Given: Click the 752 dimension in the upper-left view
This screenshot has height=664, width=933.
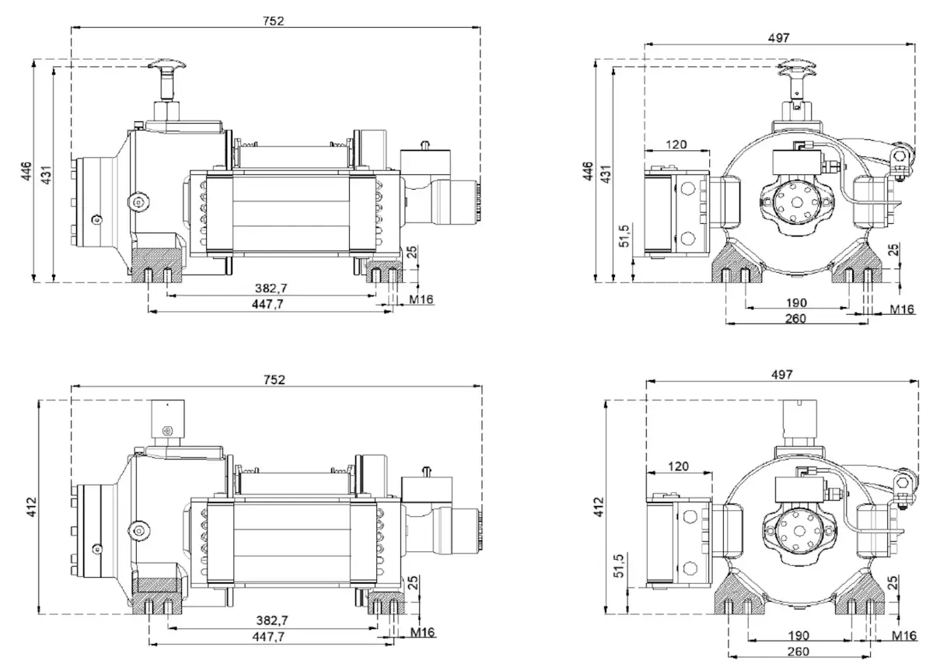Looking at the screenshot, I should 274,21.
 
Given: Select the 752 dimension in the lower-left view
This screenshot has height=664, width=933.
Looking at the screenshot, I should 274,379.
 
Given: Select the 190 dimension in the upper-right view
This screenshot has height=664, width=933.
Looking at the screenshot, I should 796,302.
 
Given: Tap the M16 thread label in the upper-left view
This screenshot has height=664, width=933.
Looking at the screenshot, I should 421,299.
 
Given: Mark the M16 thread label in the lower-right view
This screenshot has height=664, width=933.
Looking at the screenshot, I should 903,636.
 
